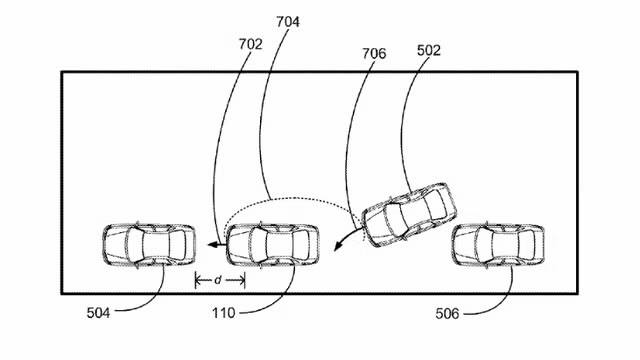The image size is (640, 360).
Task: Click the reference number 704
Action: click(288, 22)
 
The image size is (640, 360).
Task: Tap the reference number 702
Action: click(250, 44)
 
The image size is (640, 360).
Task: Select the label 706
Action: click(374, 53)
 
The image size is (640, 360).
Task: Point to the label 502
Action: click(429, 50)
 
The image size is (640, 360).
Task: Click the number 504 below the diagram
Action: click(98, 313)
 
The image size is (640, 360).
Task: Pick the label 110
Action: click(223, 313)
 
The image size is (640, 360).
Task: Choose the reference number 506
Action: click(447, 313)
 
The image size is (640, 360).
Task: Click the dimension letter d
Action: click(218, 280)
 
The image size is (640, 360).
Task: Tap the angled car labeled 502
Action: click(409, 215)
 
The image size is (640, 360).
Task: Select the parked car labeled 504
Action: click(149, 245)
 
